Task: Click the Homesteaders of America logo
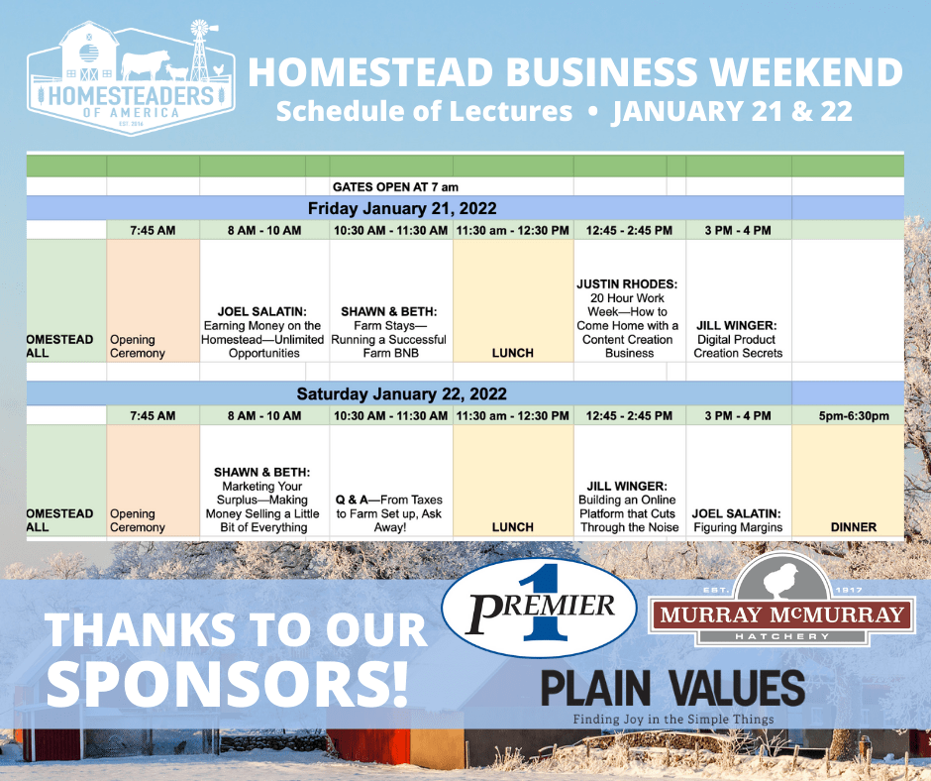(131, 78)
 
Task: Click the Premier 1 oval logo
(539, 607)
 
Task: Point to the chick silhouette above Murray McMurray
(779, 579)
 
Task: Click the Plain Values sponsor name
(672, 689)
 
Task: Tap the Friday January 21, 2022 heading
(402, 208)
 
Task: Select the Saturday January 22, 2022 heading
(401, 394)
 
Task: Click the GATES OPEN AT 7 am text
(395, 187)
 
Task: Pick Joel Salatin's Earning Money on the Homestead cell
(262, 332)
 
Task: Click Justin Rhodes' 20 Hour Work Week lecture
(628, 318)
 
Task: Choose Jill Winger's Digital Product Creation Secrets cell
(737, 339)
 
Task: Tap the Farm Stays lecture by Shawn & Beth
(389, 332)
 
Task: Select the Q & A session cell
(389, 513)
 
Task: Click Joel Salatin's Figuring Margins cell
(737, 520)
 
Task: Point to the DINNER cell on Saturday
(853, 527)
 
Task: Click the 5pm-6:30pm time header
(854, 416)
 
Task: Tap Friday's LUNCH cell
(513, 353)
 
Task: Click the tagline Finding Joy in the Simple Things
(673, 720)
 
